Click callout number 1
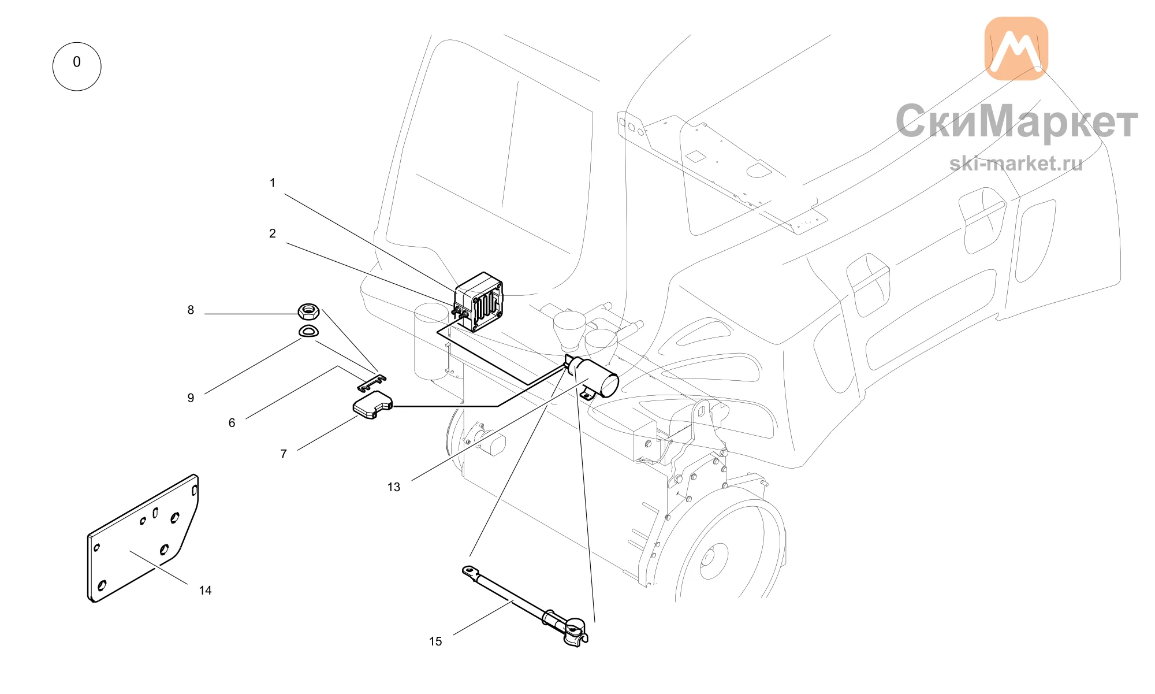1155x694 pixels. click(273, 183)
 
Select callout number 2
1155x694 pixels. click(273, 233)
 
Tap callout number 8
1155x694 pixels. click(191, 310)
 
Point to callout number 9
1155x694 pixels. click(191, 398)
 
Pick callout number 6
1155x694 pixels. click(232, 423)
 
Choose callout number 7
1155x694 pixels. click(284, 454)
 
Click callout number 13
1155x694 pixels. click(394, 487)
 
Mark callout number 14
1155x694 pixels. click(205, 591)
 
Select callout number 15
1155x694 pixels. click(435, 641)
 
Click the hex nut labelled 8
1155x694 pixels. click(309, 311)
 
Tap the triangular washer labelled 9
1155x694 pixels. click(308, 332)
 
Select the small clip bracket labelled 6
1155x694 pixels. click(372, 382)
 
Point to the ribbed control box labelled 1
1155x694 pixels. click(479, 302)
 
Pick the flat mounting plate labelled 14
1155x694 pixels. click(143, 539)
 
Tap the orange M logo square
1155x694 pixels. click(1016, 48)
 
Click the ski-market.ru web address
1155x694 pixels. click(1016, 164)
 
